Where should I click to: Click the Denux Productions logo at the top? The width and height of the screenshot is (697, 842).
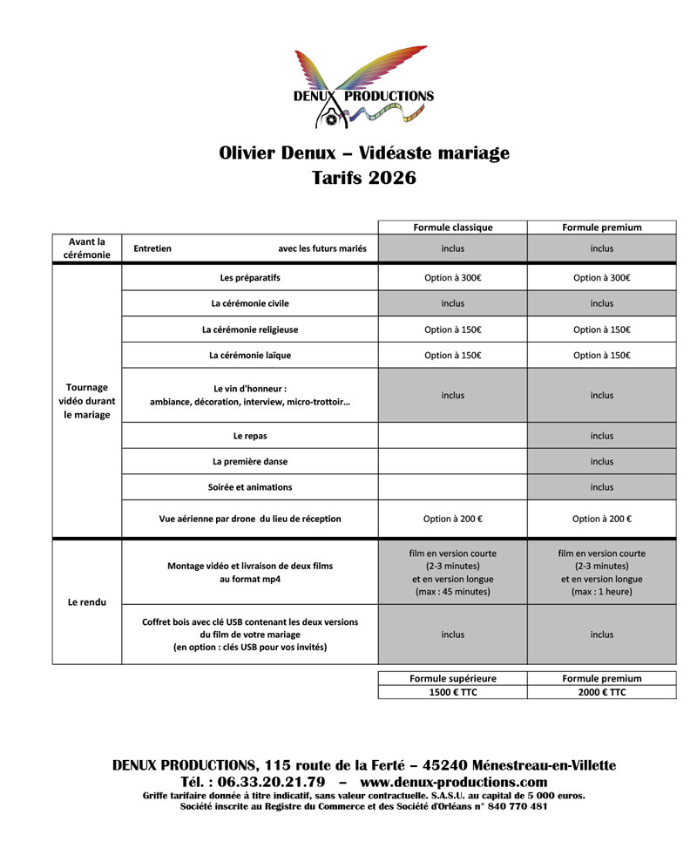click(364, 88)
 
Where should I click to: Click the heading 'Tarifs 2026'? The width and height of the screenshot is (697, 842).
click(364, 179)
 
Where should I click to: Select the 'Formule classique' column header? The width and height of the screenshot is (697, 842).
click(452, 227)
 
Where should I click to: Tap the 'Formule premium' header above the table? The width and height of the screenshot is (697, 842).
click(601, 227)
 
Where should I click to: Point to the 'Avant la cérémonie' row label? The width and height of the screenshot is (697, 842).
click(87, 248)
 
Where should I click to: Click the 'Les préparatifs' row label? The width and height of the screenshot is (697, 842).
click(250, 278)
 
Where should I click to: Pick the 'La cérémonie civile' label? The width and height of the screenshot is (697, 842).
click(250, 303)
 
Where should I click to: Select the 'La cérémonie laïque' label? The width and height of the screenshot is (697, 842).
click(250, 356)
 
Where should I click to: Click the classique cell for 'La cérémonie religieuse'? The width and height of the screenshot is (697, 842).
click(452, 329)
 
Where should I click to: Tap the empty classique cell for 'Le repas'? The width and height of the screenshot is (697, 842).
click(452, 436)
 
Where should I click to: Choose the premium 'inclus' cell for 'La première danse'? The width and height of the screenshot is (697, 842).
click(601, 461)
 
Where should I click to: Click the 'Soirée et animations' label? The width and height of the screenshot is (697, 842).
click(250, 487)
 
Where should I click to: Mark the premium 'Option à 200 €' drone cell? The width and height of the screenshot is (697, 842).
click(601, 519)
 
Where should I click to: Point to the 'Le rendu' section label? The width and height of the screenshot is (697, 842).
click(87, 601)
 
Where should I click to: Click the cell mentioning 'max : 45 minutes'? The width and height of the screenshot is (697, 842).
click(452, 573)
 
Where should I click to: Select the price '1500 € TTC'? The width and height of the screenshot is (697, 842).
click(452, 692)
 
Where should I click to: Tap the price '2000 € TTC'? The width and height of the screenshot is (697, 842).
click(601, 692)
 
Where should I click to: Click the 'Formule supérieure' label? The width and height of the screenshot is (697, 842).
click(452, 678)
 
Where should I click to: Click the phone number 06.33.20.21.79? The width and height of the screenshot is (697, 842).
click(266, 782)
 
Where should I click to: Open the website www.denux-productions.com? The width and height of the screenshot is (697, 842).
click(453, 782)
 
